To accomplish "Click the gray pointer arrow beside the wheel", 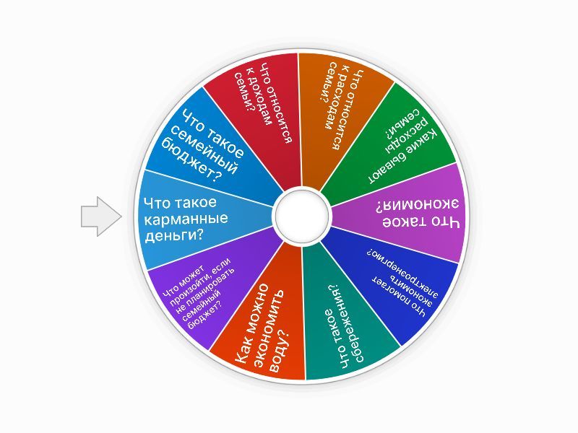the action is point(100,216).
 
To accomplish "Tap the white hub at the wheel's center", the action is point(301,216).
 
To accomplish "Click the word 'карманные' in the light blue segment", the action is point(186,219).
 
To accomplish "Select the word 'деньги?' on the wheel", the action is point(174,235).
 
